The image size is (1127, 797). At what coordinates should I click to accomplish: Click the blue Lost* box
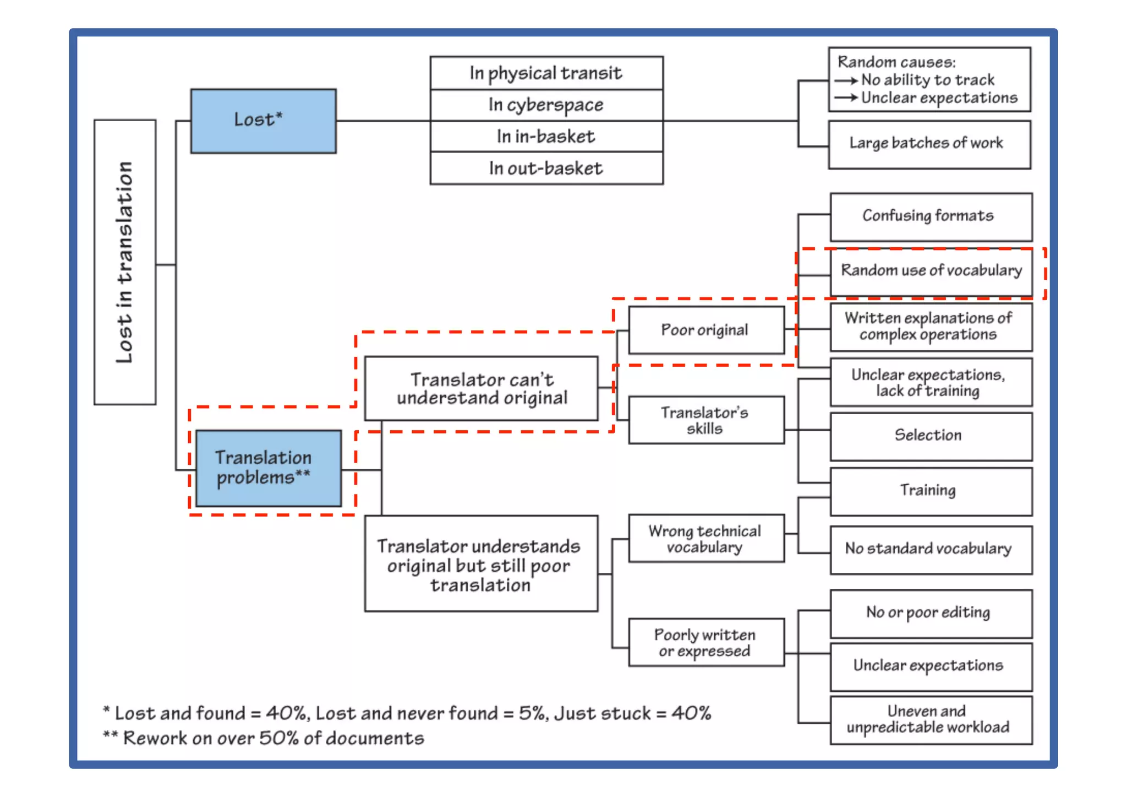click(x=263, y=121)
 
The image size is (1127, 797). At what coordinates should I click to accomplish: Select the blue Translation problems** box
click(x=269, y=468)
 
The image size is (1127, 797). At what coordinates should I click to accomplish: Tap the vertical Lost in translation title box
click(x=125, y=262)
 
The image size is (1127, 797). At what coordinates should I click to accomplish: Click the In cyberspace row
click(x=546, y=105)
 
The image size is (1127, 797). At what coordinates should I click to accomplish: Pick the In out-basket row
click(x=546, y=168)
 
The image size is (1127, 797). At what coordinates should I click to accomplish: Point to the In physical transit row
click(x=546, y=73)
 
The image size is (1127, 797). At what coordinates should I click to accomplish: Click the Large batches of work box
click(x=929, y=144)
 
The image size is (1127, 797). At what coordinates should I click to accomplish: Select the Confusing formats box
click(x=931, y=216)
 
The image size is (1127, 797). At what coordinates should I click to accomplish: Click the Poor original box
click(x=706, y=330)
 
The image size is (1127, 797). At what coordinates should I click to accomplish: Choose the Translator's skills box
click(x=706, y=420)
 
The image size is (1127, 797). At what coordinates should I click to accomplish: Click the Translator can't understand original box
click(x=481, y=388)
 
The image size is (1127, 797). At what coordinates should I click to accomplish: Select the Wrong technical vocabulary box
click(x=706, y=539)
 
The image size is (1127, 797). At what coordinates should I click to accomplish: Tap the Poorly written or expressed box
click(x=706, y=642)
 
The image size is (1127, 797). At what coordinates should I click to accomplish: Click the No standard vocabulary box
click(x=931, y=549)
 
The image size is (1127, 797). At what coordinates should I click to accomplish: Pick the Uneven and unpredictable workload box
click(x=931, y=720)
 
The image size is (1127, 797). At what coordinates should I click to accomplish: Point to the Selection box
click(x=931, y=436)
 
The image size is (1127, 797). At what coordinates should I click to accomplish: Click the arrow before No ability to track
click(x=846, y=80)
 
